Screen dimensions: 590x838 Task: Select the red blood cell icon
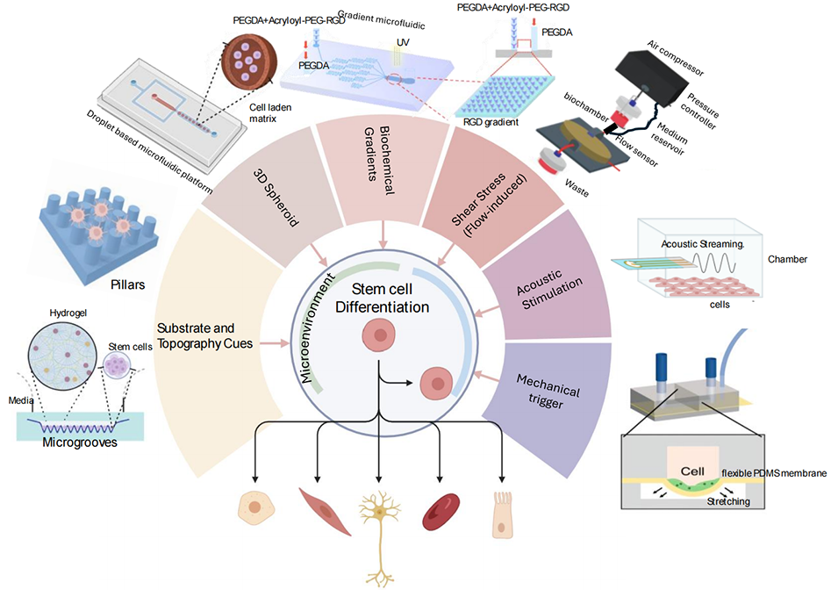[x=440, y=508]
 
